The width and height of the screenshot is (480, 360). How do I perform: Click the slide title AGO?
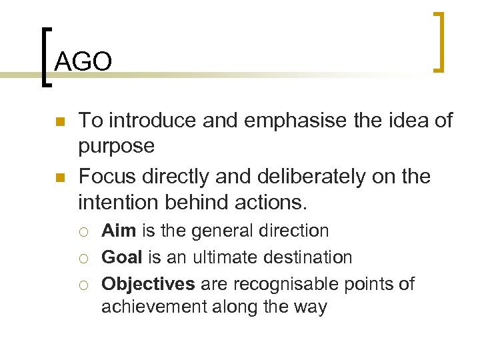pyautogui.click(x=83, y=62)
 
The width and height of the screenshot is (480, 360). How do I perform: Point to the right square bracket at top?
pyautogui.click(x=439, y=41)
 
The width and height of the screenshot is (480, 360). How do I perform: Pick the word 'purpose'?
pyautogui.click(x=116, y=145)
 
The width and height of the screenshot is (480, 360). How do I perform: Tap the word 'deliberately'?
pyautogui.click(x=286, y=177)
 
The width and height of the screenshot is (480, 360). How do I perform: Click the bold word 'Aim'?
pyautogui.click(x=118, y=231)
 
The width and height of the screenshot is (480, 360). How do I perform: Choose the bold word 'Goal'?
pyautogui.click(x=121, y=257)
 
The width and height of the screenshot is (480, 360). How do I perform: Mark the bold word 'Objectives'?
pyautogui.click(x=148, y=283)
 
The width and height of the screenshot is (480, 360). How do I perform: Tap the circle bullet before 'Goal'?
pyautogui.click(x=85, y=258)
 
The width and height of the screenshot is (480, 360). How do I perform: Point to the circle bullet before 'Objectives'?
pyautogui.click(x=85, y=285)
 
